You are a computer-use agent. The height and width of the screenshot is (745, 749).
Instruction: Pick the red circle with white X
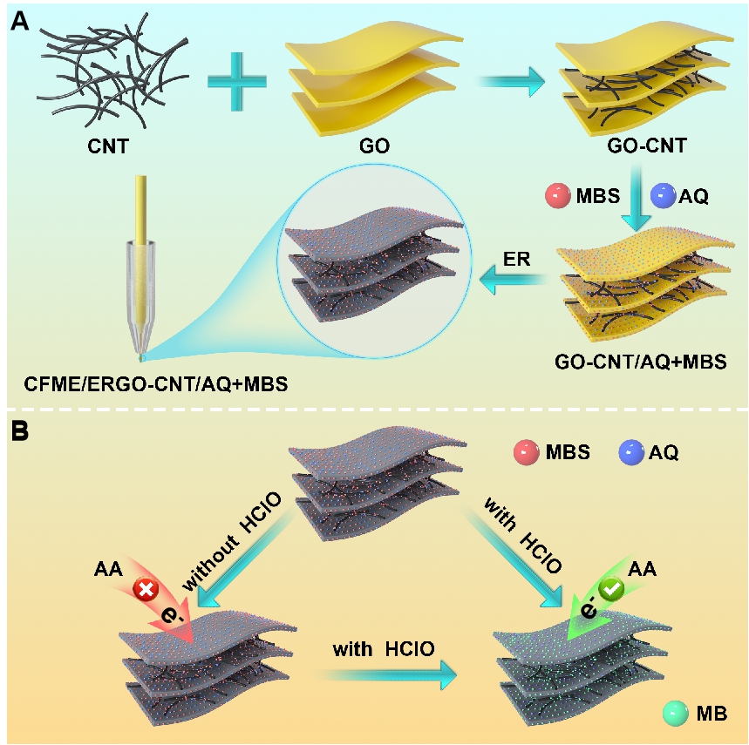point(144,590)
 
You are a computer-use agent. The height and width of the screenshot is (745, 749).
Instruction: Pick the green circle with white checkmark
point(613,590)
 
